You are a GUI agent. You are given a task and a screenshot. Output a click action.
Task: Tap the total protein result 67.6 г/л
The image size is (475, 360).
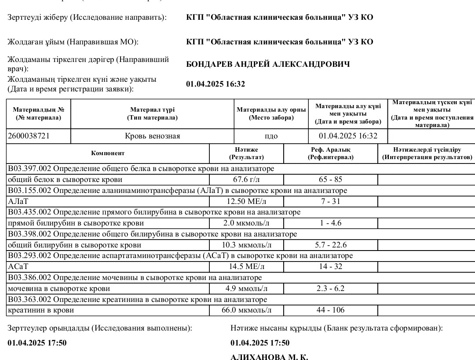(x=246, y=179)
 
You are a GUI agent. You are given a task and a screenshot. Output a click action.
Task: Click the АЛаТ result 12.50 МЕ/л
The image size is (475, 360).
(x=246, y=201)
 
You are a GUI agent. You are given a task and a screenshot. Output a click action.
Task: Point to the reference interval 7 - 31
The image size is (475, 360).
(x=330, y=201)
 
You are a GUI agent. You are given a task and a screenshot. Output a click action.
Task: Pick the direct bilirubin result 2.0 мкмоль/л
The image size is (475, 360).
(x=246, y=223)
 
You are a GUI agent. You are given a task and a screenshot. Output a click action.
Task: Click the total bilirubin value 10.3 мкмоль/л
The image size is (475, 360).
(x=246, y=245)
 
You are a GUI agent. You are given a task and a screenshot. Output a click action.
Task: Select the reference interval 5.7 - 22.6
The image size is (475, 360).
(x=330, y=245)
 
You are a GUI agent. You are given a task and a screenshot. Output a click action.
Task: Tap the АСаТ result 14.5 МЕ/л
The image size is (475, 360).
(x=246, y=267)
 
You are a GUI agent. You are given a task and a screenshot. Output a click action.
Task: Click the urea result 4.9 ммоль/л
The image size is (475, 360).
(x=246, y=289)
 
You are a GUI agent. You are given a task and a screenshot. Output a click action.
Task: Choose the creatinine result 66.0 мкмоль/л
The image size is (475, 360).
(x=246, y=310)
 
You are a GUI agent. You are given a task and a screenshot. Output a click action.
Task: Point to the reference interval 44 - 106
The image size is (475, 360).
(x=330, y=310)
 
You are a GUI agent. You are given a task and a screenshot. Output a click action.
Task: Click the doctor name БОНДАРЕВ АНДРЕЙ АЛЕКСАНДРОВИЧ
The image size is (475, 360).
(x=268, y=65)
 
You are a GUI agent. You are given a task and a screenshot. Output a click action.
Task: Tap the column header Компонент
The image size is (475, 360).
(x=108, y=153)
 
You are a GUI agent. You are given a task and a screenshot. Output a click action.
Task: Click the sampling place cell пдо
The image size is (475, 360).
(x=271, y=136)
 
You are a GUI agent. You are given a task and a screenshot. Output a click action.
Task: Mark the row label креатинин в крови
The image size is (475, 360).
(x=41, y=310)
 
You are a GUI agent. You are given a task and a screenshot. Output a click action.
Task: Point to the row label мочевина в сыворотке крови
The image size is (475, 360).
(x=59, y=289)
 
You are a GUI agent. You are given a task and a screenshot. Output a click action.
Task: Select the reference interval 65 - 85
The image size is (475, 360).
(x=330, y=179)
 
